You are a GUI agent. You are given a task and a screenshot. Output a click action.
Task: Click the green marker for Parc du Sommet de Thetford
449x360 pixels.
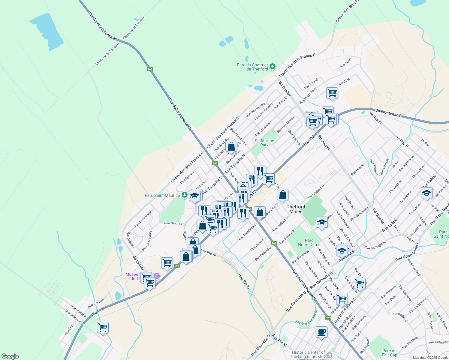[x=272, y=67]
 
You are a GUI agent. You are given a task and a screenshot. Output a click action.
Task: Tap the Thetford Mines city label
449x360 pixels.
[x=296, y=209]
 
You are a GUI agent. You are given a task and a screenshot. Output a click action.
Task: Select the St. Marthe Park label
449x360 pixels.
[x=264, y=143]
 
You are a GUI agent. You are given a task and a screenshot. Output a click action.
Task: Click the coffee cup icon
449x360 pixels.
[x=321, y=332]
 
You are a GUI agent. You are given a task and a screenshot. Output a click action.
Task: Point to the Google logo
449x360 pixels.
[x=10, y=356]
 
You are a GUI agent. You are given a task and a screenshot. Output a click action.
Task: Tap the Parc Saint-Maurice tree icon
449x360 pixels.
[x=184, y=195]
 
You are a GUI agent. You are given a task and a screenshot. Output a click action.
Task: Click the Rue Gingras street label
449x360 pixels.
[x=173, y=223]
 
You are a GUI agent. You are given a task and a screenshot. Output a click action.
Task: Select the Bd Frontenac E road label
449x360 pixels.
[x=388, y=113]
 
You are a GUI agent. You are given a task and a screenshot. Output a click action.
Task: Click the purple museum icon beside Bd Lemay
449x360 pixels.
[x=156, y=276]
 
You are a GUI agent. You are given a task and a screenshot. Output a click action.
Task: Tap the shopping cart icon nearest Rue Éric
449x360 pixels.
[x=103, y=327]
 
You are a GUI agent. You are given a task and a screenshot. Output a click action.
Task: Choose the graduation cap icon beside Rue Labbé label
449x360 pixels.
[x=426, y=193]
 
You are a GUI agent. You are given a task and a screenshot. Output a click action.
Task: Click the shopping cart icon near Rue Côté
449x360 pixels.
[x=332, y=93]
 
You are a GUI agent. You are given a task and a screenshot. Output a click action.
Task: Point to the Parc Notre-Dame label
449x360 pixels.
[x=309, y=242]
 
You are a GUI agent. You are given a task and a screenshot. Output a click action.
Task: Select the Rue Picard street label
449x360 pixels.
[x=311, y=84]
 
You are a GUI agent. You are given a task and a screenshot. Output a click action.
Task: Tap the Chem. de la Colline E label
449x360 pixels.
[x=134, y=27]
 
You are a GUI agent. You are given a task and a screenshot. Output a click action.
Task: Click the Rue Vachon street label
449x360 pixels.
[x=96, y=303]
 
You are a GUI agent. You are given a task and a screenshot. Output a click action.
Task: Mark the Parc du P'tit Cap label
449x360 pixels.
[x=390, y=353]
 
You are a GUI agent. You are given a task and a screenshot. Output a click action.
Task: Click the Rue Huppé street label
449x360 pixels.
[x=357, y=169]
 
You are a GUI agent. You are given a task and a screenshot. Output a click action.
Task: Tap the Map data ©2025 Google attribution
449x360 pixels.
[x=430, y=358]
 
